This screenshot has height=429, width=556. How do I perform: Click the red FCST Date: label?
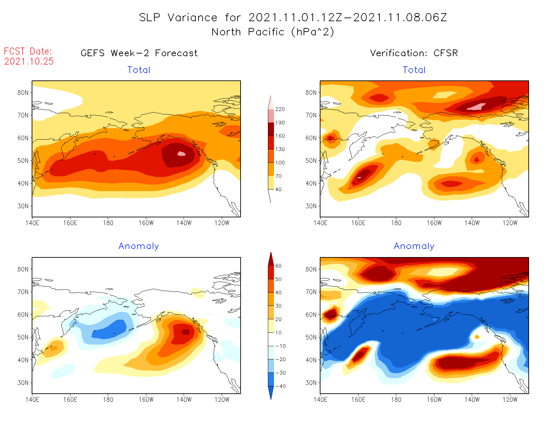tap(28, 51)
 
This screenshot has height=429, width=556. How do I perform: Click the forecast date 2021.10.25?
tap(29, 61)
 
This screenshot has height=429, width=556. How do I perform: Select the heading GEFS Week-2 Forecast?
tap(139, 53)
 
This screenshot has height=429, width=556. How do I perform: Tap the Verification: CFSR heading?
tap(414, 53)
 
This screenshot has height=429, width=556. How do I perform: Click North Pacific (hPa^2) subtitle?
tap(273, 32)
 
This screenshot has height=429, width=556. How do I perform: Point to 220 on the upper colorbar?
tap(280, 109)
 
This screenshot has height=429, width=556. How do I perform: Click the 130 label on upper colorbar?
tap(280, 149)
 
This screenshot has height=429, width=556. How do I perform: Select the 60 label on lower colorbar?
tap(278, 266)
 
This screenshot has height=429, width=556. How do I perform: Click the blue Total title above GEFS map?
tap(139, 70)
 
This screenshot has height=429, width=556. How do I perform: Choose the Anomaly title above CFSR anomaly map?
tap(414, 246)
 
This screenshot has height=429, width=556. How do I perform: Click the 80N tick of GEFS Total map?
tap(23, 93)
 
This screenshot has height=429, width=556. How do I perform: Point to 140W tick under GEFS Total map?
tap(184, 223)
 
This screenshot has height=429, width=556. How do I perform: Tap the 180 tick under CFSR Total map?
tap(396, 223)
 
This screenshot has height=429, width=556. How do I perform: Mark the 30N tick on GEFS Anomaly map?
tap(23, 383)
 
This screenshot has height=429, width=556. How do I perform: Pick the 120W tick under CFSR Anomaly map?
tap(510, 399)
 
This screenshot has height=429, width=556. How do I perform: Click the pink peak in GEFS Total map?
tap(181, 154)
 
